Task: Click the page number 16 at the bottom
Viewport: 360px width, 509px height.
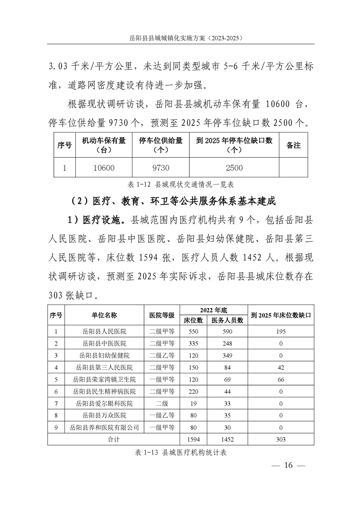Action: (288, 465)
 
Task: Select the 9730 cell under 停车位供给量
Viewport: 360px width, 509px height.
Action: (161, 168)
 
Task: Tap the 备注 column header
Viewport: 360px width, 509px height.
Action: (294, 145)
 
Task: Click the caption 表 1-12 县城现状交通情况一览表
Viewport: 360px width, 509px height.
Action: (180, 185)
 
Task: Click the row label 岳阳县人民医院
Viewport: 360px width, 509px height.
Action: (104, 332)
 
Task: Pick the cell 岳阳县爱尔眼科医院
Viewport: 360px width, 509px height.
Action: (104, 403)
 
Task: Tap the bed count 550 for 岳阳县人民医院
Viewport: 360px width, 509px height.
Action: (194, 332)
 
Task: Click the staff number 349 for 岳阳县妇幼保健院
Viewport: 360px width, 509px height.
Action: (228, 355)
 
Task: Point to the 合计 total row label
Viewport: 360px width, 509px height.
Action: (113, 439)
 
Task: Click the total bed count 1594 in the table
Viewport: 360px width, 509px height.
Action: (194, 439)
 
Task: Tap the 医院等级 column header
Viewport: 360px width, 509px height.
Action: (162, 315)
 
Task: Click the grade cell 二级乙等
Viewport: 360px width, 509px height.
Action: (162, 355)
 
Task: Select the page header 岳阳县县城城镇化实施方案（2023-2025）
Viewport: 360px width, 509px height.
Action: (180, 39)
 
